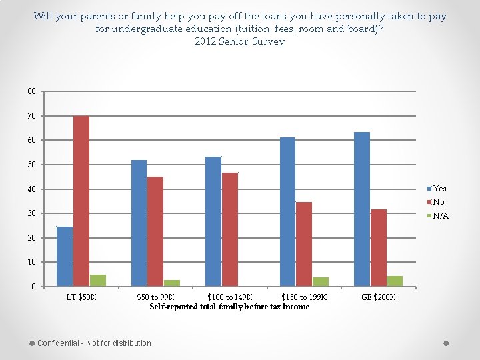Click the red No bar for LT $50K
81,201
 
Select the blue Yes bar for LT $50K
65,257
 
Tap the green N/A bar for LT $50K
97,281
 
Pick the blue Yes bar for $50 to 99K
139,223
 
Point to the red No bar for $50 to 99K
155,231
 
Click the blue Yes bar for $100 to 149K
213,221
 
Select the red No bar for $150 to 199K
304,244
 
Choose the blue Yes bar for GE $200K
362,209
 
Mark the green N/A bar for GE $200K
395,281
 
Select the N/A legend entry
440,216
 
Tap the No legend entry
438,202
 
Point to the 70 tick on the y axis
32,116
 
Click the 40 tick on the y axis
32,189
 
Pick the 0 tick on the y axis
34,287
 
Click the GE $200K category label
379,297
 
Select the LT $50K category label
81,297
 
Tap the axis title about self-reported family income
229,307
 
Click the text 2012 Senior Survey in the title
239,41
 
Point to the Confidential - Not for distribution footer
94,343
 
